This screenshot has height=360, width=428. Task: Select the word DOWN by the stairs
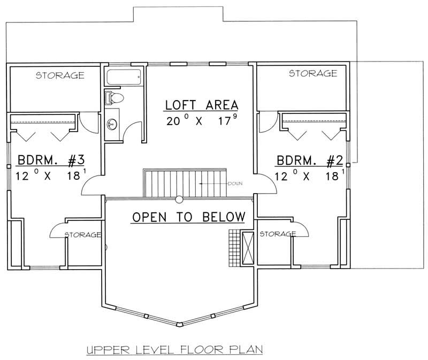coord(235,183)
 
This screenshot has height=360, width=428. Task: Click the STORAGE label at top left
coord(59,75)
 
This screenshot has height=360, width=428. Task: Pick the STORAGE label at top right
coord(313,73)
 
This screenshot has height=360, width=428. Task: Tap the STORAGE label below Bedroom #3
coord(83,234)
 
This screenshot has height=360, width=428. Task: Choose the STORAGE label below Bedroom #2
coord(277,234)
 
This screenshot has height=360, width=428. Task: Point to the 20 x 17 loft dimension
coord(201,120)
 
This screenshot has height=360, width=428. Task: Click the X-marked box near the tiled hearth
coord(247,247)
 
